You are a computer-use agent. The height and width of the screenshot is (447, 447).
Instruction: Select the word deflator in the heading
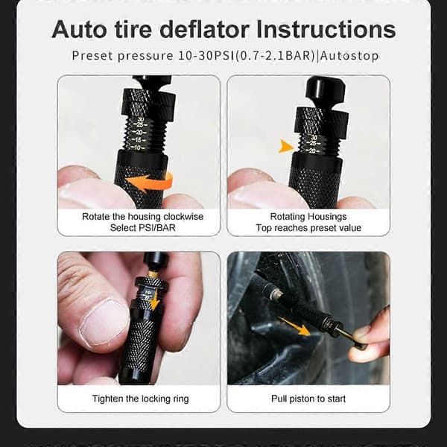click(x=204, y=29)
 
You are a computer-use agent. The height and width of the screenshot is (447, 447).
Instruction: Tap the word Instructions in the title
click(x=326, y=29)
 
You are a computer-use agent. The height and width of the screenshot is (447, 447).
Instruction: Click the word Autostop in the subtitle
click(x=349, y=56)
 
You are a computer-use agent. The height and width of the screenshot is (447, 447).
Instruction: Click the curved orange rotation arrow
click(x=150, y=183)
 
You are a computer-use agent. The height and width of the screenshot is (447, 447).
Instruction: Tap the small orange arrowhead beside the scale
click(x=286, y=146)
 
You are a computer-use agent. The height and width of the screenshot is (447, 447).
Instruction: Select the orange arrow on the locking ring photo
click(x=154, y=300)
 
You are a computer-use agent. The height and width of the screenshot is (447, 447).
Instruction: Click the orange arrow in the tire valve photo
click(x=294, y=326)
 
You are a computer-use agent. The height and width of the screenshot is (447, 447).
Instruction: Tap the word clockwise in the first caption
click(x=183, y=217)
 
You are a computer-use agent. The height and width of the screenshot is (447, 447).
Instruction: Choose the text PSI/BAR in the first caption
click(x=156, y=228)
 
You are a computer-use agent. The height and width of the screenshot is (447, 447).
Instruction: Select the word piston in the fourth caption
click(x=302, y=399)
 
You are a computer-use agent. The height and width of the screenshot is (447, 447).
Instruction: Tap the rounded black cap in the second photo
click(x=325, y=87)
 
